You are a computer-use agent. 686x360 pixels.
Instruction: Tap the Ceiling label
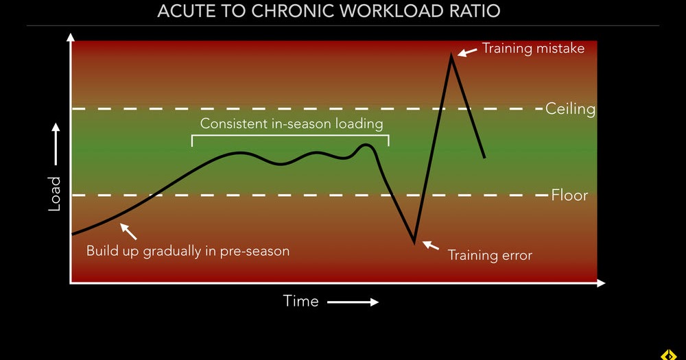click(570, 108)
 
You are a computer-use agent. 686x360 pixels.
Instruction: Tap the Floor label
click(569, 195)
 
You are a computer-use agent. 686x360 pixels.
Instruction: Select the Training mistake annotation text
click(533, 49)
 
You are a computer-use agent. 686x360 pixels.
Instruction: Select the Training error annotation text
click(490, 255)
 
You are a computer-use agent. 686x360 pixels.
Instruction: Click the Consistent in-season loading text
click(291, 124)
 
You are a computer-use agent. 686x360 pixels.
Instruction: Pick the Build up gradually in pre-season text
click(187, 251)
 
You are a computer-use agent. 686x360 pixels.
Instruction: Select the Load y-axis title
click(56, 194)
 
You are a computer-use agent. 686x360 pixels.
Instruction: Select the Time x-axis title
click(300, 301)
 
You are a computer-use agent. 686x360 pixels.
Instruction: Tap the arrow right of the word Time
click(353, 302)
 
